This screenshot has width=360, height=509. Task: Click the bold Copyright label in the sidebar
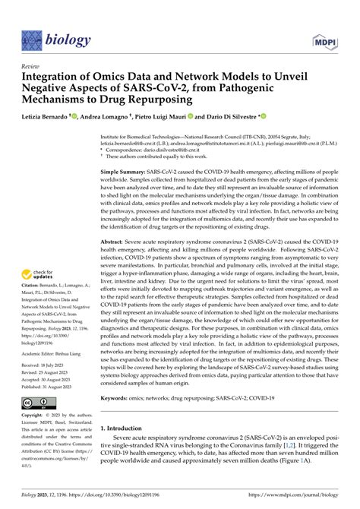(35, 417)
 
